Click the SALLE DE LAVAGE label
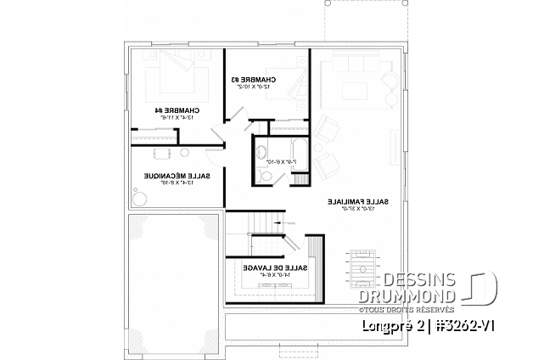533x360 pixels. point(266,269)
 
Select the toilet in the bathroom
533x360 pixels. point(264,176)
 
